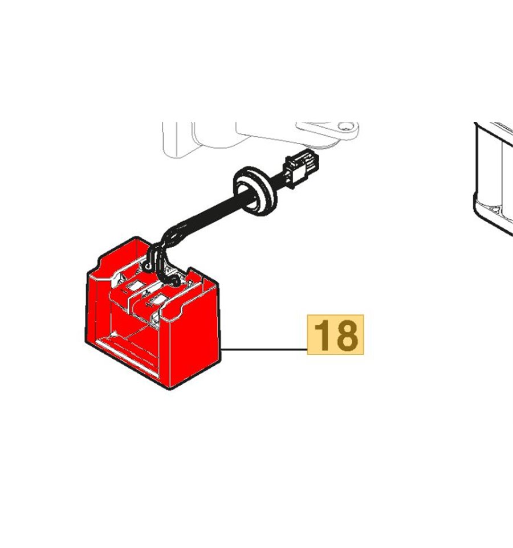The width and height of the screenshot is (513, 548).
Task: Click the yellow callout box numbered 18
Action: [335, 334]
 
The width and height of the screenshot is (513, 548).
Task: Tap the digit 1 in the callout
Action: [321, 336]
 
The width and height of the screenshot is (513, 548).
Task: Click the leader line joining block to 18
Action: [264, 349]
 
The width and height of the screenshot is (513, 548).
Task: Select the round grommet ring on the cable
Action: [255, 191]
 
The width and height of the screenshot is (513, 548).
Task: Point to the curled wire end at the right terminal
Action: [174, 280]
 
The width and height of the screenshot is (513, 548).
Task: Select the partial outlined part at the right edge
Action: [493, 178]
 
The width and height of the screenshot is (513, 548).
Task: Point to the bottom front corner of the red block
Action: [170, 388]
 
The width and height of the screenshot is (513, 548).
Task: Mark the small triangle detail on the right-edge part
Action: [496, 209]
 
